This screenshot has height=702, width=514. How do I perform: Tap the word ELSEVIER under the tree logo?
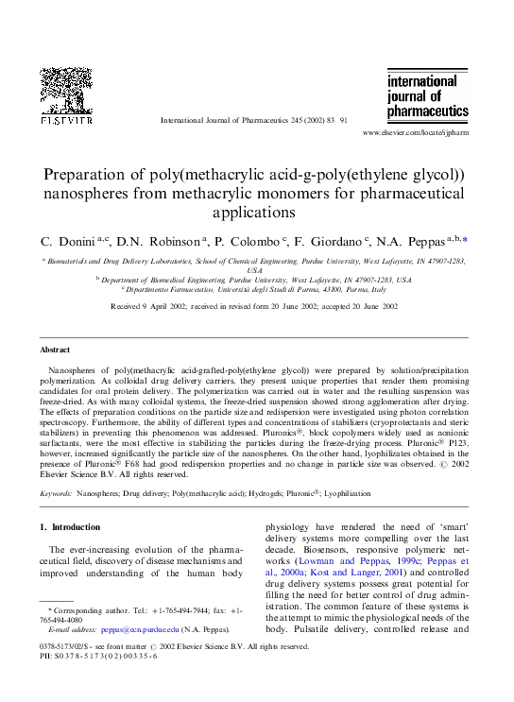point(65,121)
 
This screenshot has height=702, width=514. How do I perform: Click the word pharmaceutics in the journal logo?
point(427,111)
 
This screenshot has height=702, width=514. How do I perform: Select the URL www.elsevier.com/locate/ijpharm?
point(415,134)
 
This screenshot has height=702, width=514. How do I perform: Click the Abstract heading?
point(56,350)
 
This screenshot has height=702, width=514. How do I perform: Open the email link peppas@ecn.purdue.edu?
point(127,628)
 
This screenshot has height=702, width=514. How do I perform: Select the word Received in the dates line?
point(128,306)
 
